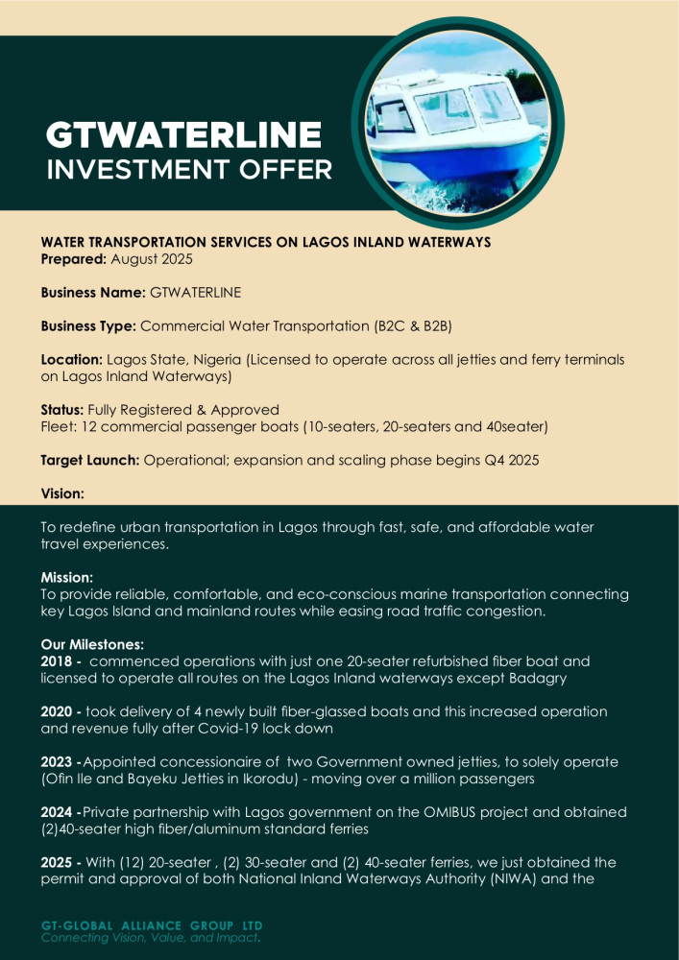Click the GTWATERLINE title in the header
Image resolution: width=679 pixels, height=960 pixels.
pyautogui.click(x=183, y=133)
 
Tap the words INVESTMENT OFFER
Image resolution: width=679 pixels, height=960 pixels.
pyautogui.click(x=189, y=170)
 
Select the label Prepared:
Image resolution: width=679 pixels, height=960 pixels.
pyautogui.click(x=74, y=259)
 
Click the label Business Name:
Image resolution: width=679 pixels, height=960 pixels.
pyautogui.click(x=93, y=292)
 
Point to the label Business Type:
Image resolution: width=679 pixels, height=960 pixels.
pyautogui.click(x=88, y=325)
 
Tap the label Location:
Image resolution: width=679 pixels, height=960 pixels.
pyautogui.click(x=72, y=359)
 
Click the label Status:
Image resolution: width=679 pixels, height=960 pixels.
pyautogui.click(x=63, y=410)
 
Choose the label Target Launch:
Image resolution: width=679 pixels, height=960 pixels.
pyautogui.click(x=90, y=460)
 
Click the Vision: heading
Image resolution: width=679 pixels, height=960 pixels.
pyautogui.click(x=62, y=493)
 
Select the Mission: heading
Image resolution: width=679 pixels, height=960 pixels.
pyautogui.click(x=66, y=578)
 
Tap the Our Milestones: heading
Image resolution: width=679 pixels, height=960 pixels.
pyautogui.click(x=91, y=645)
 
